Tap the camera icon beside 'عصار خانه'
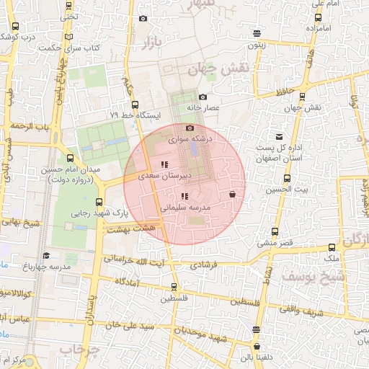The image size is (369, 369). point(203,97)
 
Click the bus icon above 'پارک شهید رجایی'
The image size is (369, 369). point(99,202)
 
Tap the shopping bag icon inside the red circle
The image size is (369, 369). point(232,195)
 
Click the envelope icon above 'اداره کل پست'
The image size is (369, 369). point(279,137)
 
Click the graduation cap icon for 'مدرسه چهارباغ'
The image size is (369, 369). point(47,256)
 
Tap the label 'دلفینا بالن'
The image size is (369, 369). point(257,355)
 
